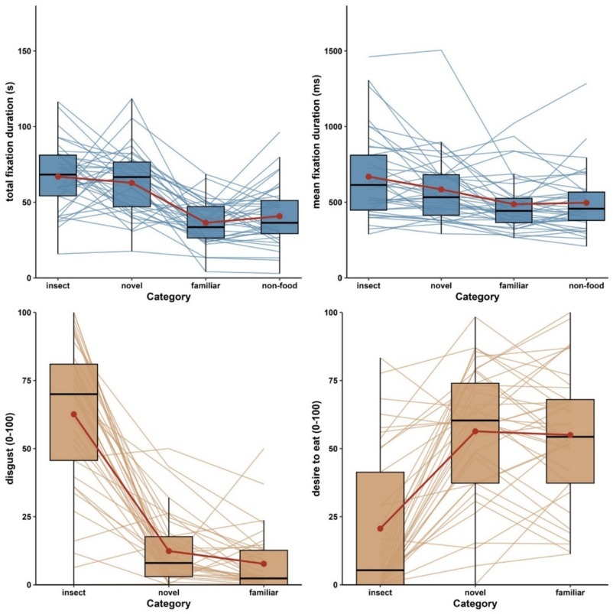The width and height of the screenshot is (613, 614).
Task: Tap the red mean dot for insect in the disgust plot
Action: (x=74, y=414)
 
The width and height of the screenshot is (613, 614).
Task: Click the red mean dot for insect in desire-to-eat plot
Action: (x=380, y=528)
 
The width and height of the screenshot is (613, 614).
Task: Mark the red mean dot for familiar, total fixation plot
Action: (x=206, y=223)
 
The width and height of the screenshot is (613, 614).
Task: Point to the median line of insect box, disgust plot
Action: (x=74, y=394)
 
